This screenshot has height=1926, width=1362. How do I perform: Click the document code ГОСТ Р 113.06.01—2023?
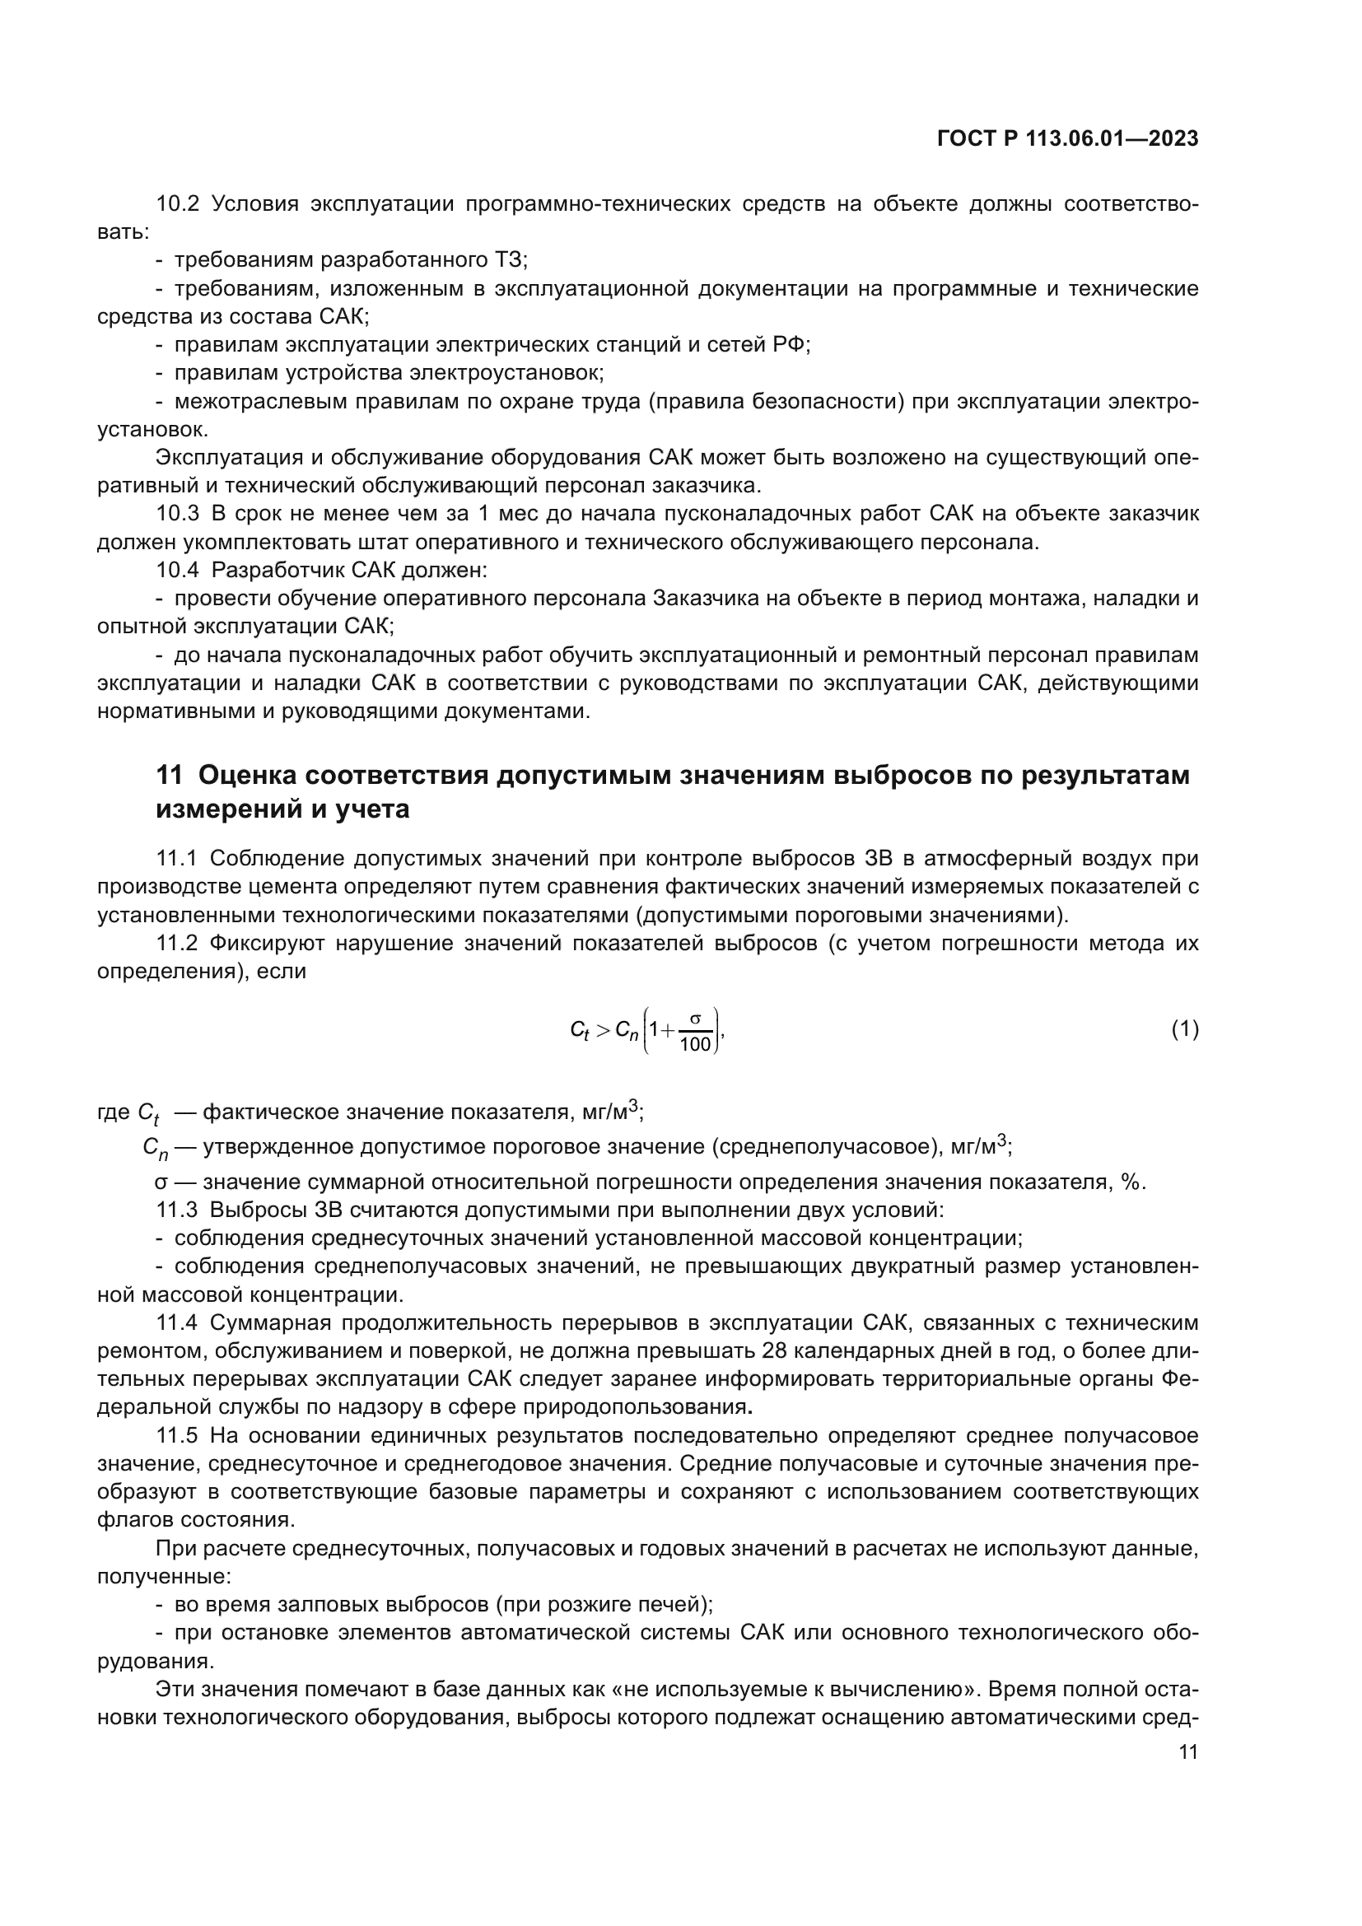point(1066,138)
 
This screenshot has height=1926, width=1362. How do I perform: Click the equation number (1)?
point(1184,1028)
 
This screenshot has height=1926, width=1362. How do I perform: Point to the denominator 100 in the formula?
point(694,1044)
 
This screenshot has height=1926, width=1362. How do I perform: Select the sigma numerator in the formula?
point(695,1019)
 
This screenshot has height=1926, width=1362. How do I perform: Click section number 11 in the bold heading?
point(169,775)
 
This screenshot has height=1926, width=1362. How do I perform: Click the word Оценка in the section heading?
point(246,775)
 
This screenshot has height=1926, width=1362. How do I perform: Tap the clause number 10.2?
point(178,204)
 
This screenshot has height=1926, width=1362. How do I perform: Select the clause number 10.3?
point(178,513)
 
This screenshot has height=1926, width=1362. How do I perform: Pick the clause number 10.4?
point(178,570)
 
